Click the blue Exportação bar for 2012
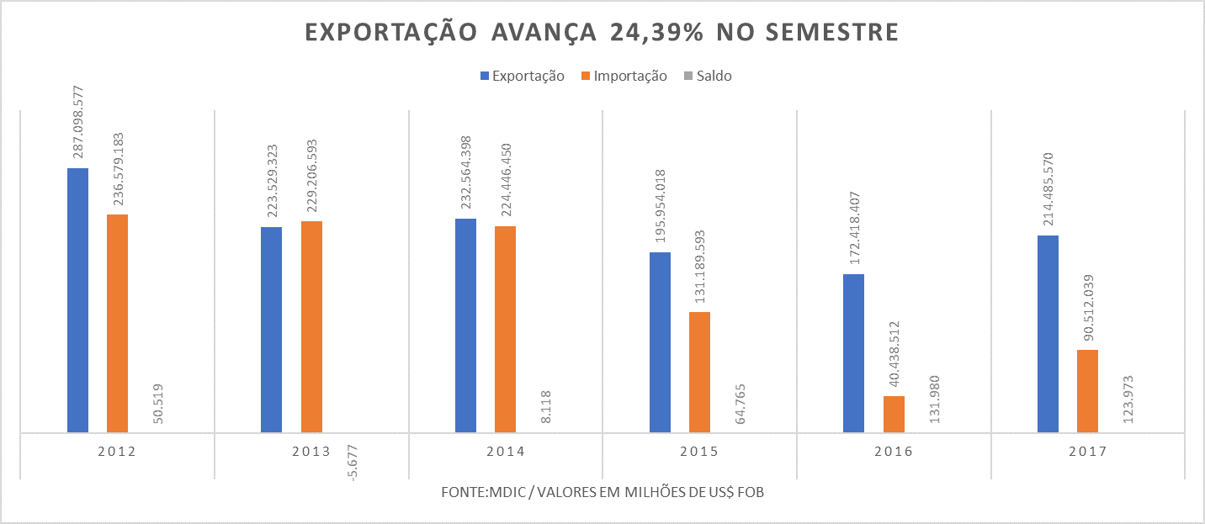click(77, 300)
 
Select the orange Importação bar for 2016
click(894, 414)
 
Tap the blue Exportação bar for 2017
click(1048, 334)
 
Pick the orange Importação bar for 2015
click(699, 372)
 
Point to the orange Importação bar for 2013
click(311, 326)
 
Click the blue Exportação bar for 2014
click(465, 326)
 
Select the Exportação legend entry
click(522, 76)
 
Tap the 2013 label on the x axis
click(311, 452)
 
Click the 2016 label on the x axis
click(893, 452)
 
